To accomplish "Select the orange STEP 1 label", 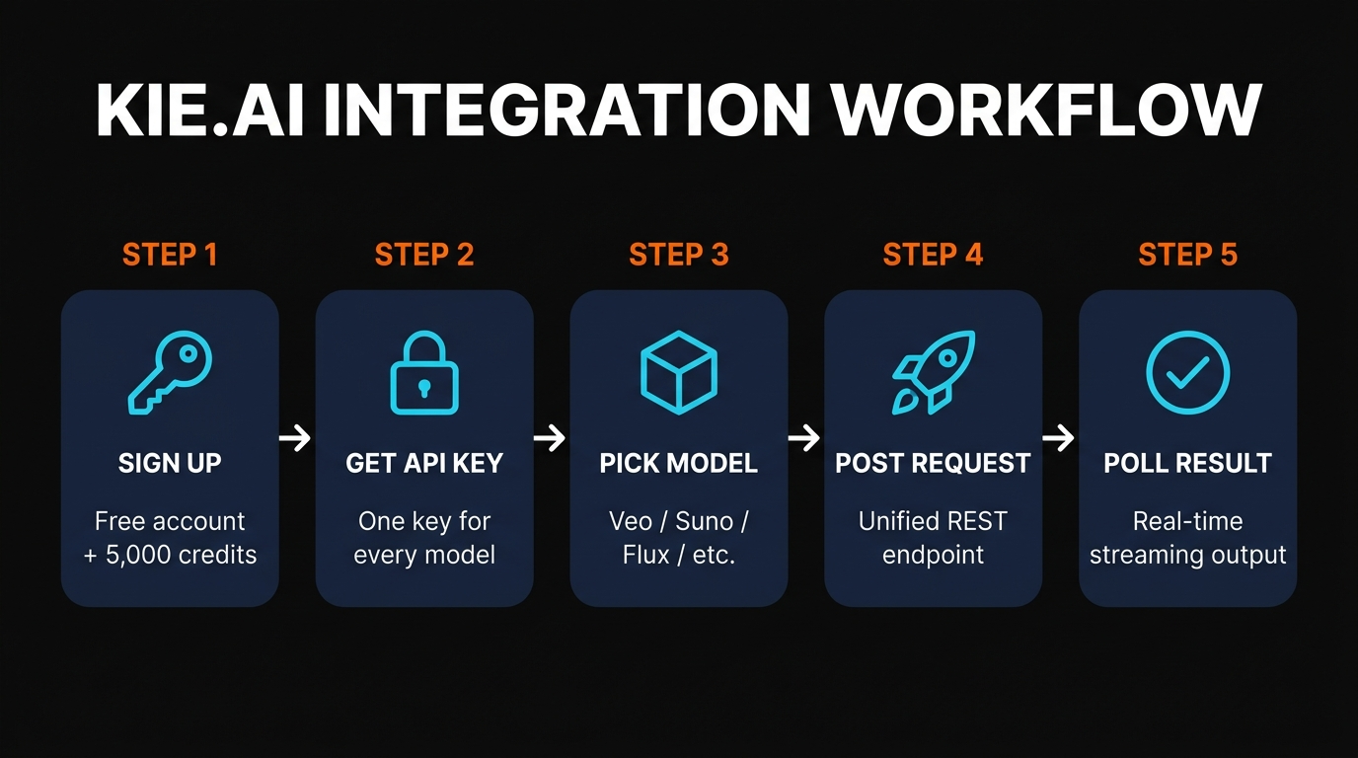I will (x=170, y=255).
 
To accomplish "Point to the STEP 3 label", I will (x=679, y=255).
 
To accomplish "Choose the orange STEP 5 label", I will (x=1187, y=255).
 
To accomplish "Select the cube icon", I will (x=679, y=373).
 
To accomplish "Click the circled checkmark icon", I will (x=1187, y=373).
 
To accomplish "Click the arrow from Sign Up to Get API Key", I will (x=296, y=438).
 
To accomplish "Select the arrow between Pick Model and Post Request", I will (x=805, y=438).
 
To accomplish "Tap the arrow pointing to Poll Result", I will (x=1059, y=438).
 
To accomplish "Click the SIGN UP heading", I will (x=170, y=463).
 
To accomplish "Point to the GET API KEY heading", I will (x=424, y=463).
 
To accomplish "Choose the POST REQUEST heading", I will (x=933, y=463).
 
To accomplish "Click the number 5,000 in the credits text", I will (x=144, y=555).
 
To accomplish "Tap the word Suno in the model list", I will (x=710, y=521).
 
